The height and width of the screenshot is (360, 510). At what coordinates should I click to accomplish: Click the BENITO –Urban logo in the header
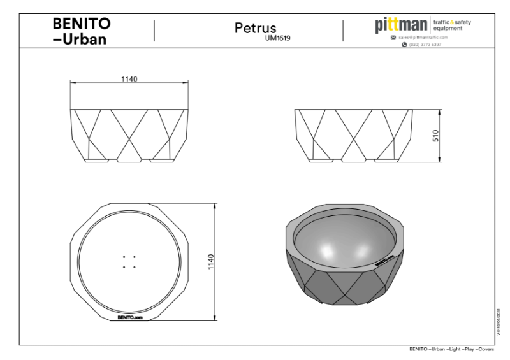pos(81,31)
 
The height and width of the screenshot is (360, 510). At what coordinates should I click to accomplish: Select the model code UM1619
pos(278,38)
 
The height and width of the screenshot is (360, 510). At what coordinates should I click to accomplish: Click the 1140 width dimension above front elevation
pos(130,78)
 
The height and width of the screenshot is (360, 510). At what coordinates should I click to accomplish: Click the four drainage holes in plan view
pos(129,262)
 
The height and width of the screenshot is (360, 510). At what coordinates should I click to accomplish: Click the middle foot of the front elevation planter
pos(129,161)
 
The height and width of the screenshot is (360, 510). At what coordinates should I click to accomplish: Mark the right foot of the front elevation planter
pos(161,161)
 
